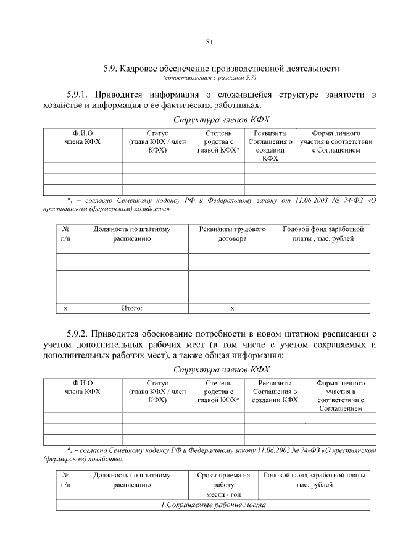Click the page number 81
209,42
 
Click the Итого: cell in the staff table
131,307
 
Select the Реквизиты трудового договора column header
232,233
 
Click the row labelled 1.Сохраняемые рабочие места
213,505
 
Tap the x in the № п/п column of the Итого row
65,307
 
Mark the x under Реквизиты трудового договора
232,307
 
